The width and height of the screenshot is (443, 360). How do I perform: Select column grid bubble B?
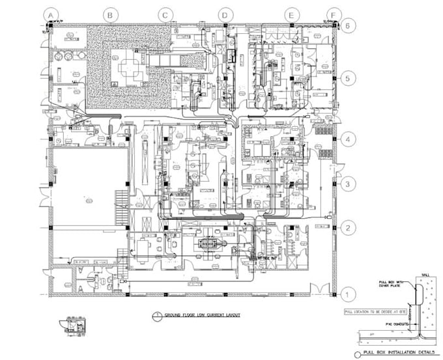110,14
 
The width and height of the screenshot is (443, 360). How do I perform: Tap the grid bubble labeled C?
166,14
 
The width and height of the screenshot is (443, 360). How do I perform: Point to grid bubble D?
225,14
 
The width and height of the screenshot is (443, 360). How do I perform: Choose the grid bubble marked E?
291,14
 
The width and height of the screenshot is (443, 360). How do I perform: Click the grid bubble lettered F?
334,14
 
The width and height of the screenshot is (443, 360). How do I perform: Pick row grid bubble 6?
350,25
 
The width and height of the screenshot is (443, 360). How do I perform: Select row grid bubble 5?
350,78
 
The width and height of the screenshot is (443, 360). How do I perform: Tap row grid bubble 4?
350,140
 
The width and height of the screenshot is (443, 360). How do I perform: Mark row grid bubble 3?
350,184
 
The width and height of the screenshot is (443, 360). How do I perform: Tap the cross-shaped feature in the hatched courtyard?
128,66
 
